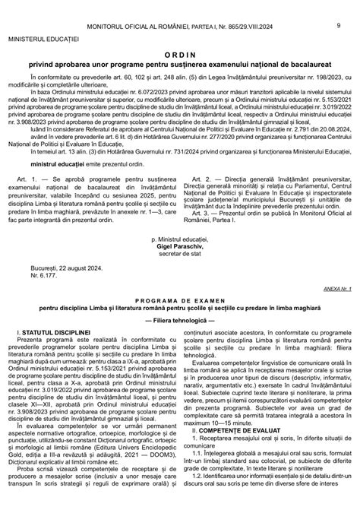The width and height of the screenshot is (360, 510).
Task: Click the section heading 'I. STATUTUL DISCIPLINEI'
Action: [x=55, y=375]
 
